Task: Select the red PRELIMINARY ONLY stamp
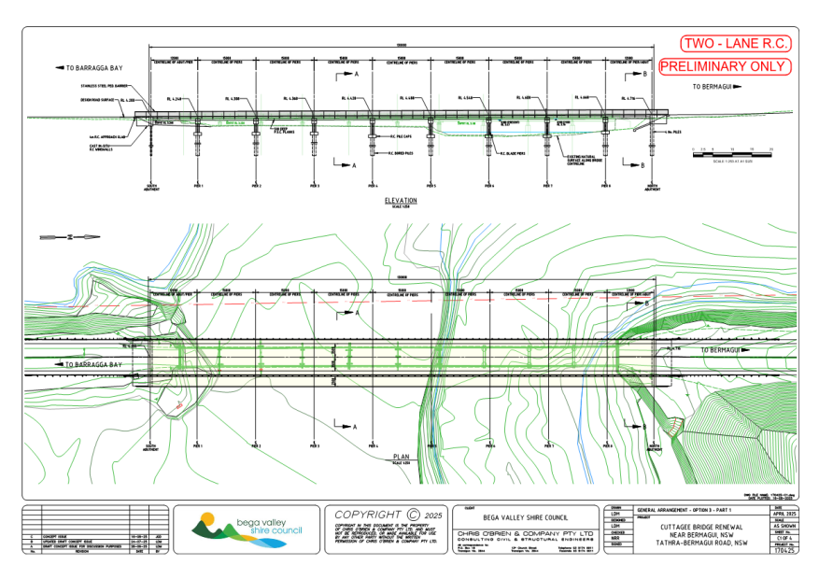click(x=725, y=66)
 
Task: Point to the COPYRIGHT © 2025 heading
click(x=386, y=514)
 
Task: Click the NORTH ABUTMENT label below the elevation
click(x=653, y=188)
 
